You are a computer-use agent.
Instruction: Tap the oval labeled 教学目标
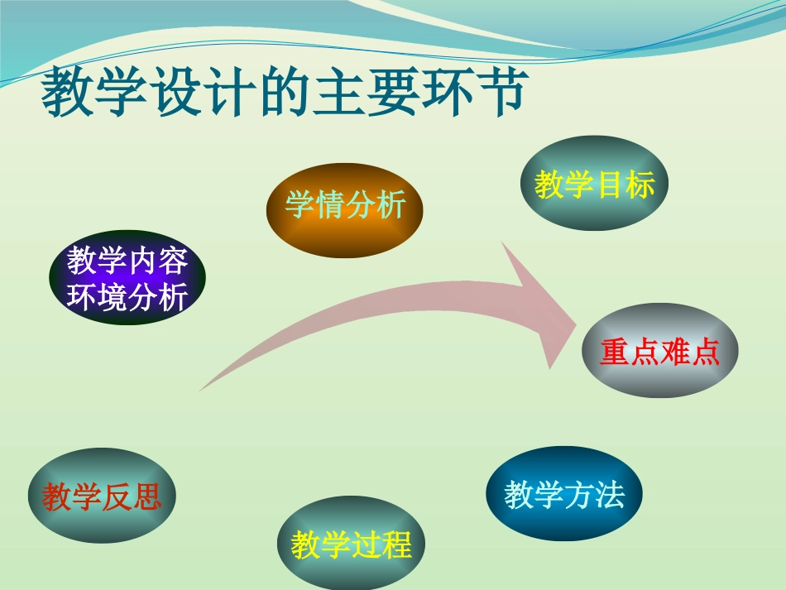click(x=594, y=185)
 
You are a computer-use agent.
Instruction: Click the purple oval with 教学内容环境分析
click(x=127, y=278)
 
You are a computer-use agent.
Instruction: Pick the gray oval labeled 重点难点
click(x=659, y=353)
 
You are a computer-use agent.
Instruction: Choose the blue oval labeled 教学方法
click(x=564, y=494)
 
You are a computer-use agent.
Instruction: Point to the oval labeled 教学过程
click(x=351, y=544)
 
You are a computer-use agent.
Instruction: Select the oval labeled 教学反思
click(x=102, y=496)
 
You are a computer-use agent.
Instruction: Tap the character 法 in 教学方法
click(x=609, y=495)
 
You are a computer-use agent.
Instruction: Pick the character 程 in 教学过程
click(x=396, y=545)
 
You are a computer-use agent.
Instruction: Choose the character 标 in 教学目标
click(x=640, y=185)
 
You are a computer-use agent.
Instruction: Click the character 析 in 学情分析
click(x=390, y=204)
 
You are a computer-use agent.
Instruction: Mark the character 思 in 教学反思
click(x=147, y=497)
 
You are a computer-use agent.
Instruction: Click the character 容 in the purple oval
click(x=173, y=261)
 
